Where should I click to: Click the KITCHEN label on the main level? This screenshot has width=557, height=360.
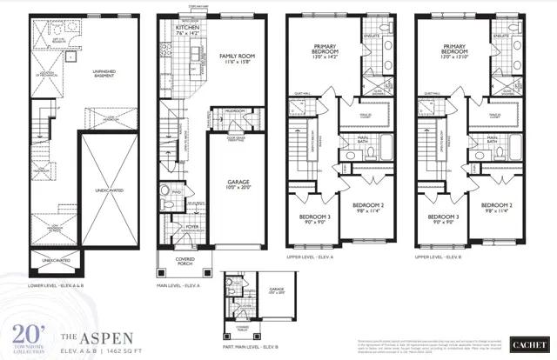click(x=188, y=29)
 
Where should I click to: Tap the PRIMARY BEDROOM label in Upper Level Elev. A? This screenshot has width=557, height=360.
click(x=328, y=51)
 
